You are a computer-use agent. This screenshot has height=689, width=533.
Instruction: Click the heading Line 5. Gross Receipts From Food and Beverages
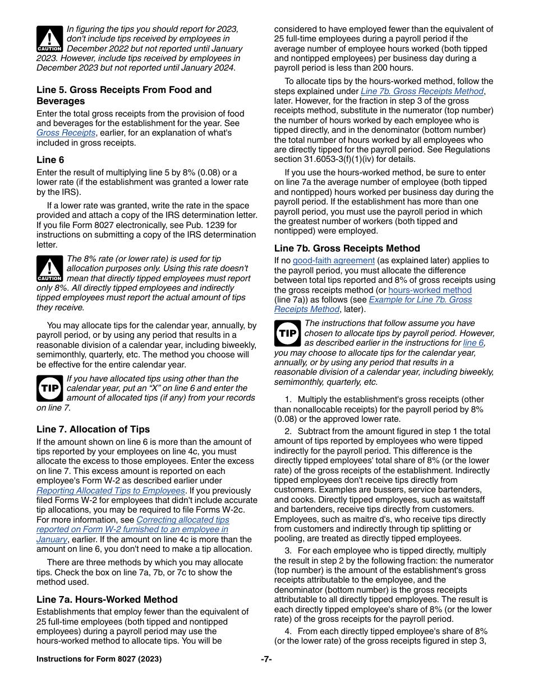pos(124,95)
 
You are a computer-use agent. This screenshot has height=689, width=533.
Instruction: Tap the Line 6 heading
pos(50,160)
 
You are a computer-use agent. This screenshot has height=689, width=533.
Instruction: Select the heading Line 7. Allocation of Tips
pos(93,429)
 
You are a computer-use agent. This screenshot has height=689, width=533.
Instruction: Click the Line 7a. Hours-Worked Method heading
pos(107,599)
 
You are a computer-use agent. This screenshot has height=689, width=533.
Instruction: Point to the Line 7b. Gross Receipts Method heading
pos(347,248)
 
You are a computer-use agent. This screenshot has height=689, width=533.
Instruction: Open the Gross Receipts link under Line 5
pos(66,133)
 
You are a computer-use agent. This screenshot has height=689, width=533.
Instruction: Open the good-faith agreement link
pos(333,260)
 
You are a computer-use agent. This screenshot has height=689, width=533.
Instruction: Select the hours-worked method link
pos(430,290)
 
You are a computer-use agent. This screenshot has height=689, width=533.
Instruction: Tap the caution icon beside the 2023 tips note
pos(49,39)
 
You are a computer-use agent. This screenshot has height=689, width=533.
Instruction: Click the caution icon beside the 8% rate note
pos(49,269)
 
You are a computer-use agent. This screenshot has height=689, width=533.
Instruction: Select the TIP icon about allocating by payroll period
pos(287,333)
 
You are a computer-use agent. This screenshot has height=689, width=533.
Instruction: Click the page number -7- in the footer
pos(266,659)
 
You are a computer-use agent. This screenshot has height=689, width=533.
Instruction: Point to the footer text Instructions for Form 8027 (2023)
pos(99,659)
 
